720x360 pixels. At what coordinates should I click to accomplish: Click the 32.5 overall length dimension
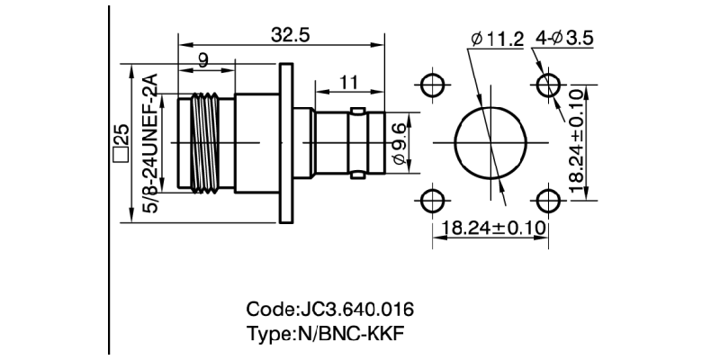click(290, 35)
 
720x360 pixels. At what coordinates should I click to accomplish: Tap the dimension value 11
click(349, 83)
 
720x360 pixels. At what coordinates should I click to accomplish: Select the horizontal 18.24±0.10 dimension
click(490, 228)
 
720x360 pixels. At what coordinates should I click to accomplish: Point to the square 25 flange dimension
click(119, 144)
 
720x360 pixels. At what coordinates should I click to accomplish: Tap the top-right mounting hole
click(548, 86)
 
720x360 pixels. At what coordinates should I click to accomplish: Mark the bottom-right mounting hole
click(548, 200)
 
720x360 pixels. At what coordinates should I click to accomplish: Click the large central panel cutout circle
click(490, 143)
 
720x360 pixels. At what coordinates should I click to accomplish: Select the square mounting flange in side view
click(287, 143)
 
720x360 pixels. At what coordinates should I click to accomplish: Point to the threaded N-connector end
click(205, 143)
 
